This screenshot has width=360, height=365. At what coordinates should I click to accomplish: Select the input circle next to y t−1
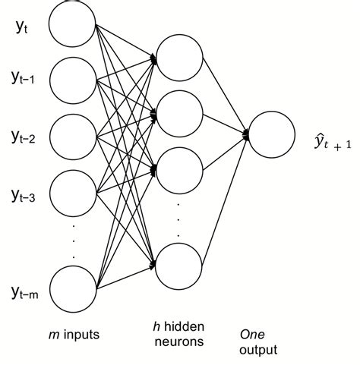tap(72, 78)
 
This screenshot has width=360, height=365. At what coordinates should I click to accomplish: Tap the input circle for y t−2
tap(72, 136)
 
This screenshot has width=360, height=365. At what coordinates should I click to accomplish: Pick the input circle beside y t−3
tap(72, 195)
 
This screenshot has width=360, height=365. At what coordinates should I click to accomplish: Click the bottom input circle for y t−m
tap(72, 293)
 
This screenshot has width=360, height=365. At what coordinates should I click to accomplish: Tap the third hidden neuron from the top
tap(180, 166)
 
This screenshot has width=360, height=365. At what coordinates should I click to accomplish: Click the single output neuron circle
tap(271, 135)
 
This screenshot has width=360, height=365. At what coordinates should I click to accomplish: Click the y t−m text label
tap(27, 292)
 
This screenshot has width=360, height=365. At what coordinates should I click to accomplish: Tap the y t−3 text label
tap(25, 196)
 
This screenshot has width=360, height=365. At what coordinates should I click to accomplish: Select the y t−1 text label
tap(25, 77)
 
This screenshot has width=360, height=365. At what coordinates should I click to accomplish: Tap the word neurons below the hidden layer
tap(180, 342)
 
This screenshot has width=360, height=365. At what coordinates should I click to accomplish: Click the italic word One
tap(251, 334)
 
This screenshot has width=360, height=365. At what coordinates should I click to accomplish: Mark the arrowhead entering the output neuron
tap(245, 135)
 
